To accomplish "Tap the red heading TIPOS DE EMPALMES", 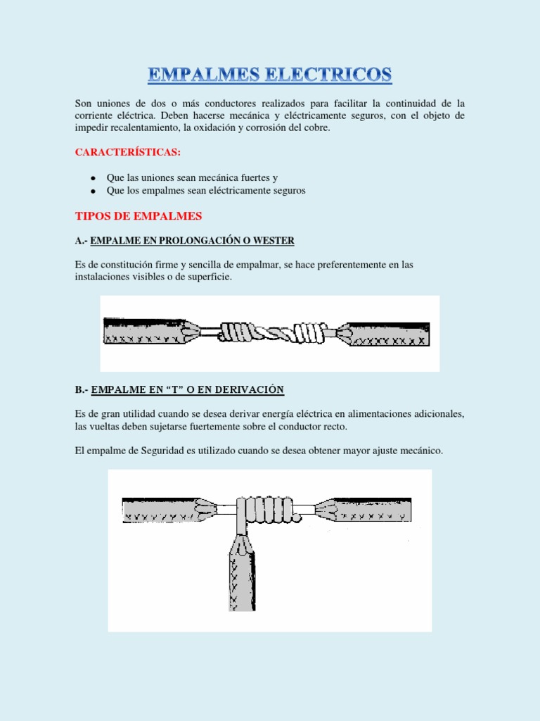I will (139, 215).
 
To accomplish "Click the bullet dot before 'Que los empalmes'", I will (92, 192).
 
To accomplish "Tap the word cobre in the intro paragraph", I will (314, 127).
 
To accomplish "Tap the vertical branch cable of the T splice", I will (241, 570).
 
